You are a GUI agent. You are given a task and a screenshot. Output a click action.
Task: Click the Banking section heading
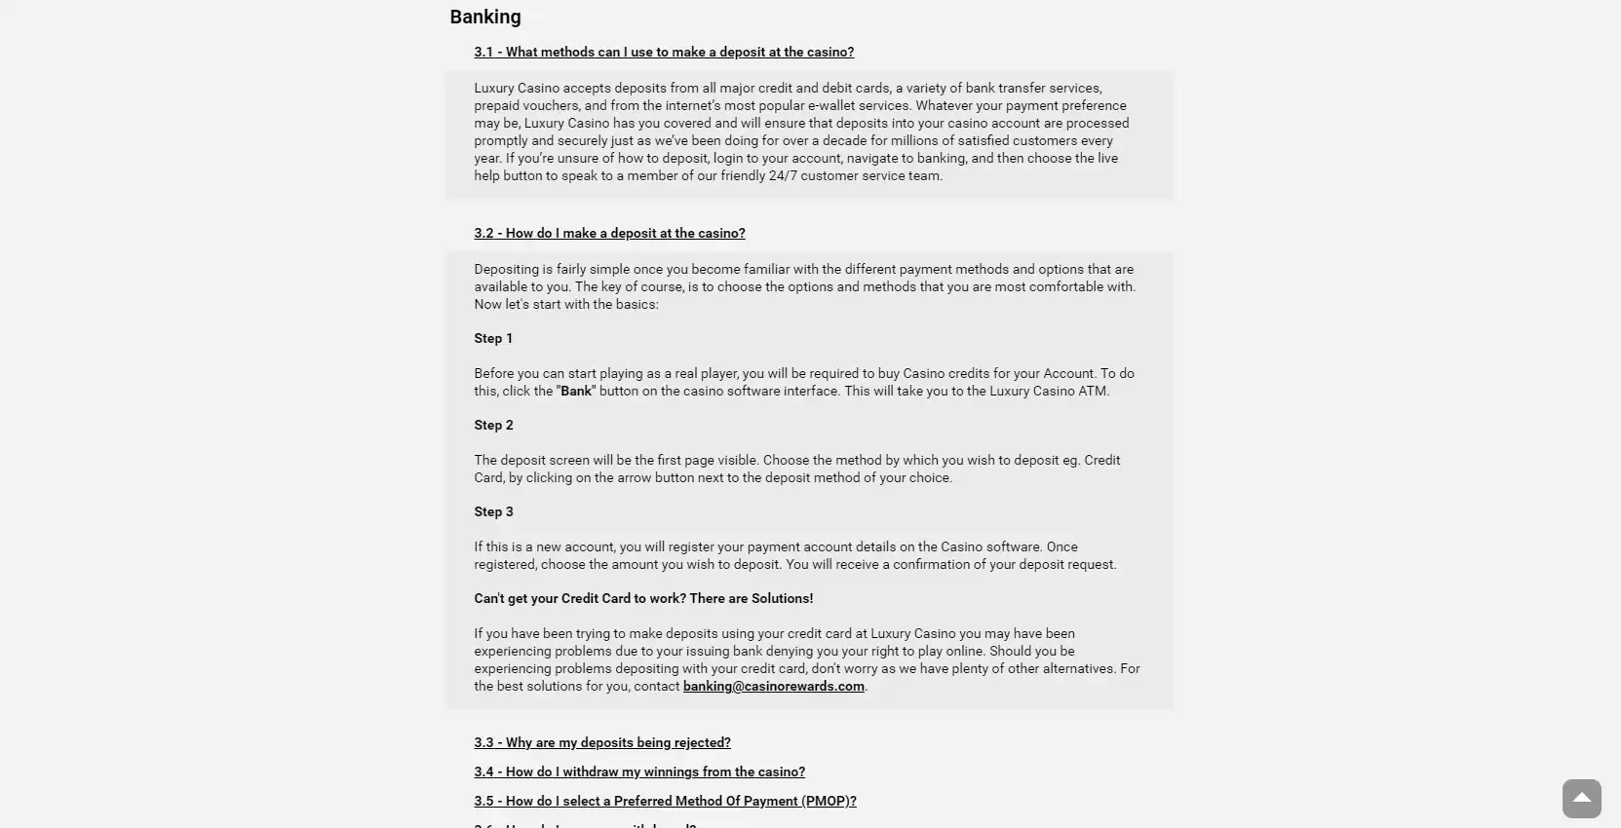(485, 17)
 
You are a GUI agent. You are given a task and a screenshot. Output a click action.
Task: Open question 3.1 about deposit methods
(664, 53)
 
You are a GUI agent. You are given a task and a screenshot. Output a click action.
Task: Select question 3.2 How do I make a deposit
(609, 234)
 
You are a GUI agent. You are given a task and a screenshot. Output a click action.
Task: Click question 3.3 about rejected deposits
(602, 743)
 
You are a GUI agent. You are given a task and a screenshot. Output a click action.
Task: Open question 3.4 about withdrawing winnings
(639, 772)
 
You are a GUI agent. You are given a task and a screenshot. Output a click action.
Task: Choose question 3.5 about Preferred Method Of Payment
(665, 802)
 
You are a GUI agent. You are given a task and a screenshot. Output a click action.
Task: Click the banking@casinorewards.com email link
(773, 687)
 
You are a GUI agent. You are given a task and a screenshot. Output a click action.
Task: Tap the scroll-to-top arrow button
(1581, 799)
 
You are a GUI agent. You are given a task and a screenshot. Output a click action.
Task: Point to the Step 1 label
(493, 339)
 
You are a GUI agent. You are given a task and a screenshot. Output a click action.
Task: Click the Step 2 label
(493, 426)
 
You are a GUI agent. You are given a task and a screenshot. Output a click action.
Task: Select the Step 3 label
(493, 512)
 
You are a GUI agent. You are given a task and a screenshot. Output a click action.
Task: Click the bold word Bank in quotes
(576, 392)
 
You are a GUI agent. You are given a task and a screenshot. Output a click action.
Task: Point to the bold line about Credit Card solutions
(643, 599)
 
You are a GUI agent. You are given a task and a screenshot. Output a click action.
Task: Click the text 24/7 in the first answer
(784, 176)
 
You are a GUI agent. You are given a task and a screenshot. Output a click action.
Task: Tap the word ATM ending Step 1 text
(1093, 392)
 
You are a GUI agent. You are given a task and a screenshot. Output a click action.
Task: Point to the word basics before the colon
(634, 305)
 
